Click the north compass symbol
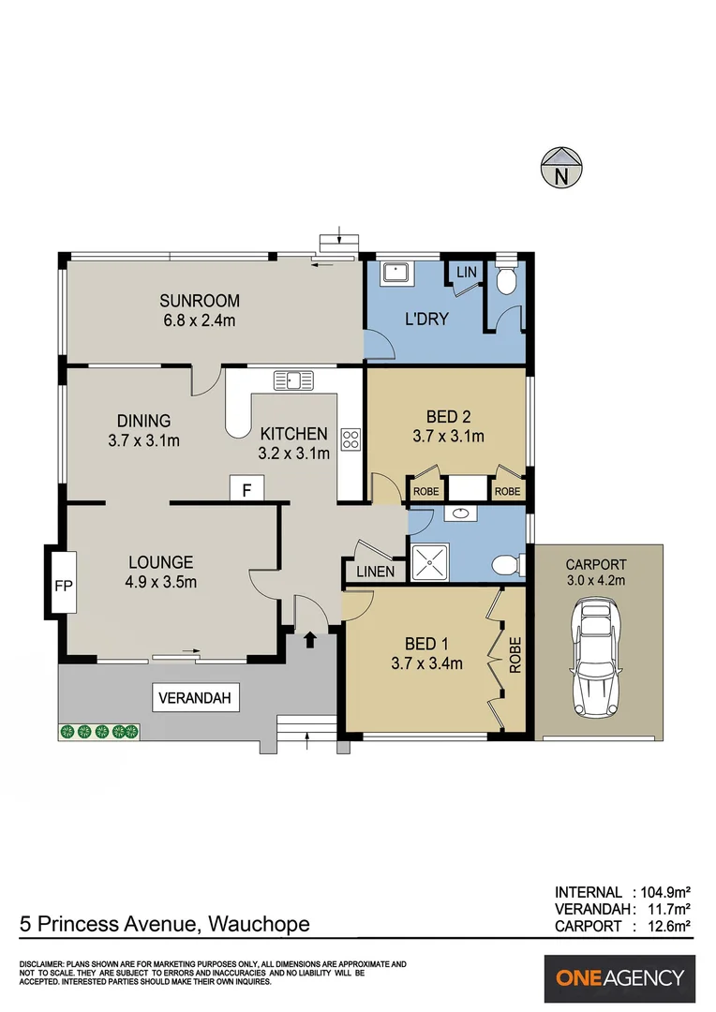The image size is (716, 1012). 561,168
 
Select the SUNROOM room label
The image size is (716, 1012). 200,301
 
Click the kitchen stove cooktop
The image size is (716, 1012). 351,439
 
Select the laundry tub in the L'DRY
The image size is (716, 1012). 394,273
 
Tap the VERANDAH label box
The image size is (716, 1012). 197,697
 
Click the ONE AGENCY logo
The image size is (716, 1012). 620,978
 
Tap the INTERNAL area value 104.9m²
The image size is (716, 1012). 663,892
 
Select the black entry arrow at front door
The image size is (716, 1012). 309,640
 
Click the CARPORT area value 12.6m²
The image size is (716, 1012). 666,926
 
